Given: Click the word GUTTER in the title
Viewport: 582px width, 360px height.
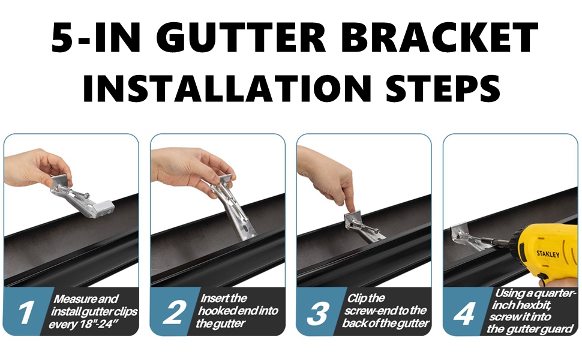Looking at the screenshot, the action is click(243, 37).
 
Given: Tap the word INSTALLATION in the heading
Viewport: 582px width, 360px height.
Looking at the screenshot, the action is click(227, 88).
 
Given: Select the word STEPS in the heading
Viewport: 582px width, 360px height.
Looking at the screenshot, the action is click(443, 88).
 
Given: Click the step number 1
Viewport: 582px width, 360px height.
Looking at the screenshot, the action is click(25, 313).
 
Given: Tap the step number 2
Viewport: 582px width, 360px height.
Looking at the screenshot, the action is click(174, 313).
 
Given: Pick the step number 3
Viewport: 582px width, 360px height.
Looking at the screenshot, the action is click(318, 313).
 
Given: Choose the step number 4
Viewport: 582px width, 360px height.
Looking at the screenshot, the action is click(464, 313).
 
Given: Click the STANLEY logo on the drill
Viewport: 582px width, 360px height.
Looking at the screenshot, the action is click(548, 254).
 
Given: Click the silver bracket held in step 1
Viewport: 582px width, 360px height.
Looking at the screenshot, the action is click(82, 196).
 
